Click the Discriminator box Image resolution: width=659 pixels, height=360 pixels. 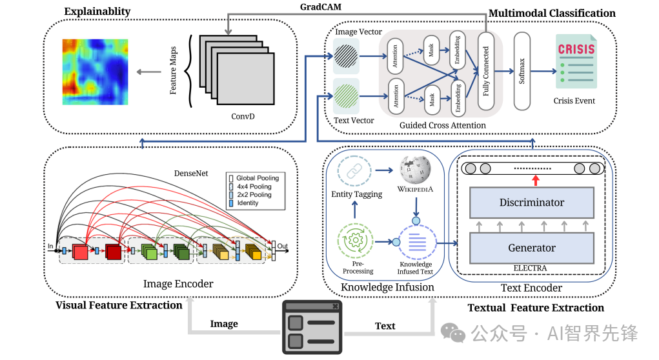[x=531, y=203]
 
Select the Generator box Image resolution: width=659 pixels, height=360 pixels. [x=531, y=248]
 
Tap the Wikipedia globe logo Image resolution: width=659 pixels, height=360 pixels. [x=415, y=169]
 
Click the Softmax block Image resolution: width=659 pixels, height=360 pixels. [x=522, y=71]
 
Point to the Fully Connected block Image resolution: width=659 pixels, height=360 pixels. [x=485, y=71]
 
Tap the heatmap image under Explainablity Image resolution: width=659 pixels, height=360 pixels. [x=95, y=72]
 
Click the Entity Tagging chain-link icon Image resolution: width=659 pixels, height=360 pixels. [x=354, y=170]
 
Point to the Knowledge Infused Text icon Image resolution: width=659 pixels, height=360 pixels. [x=416, y=243]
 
